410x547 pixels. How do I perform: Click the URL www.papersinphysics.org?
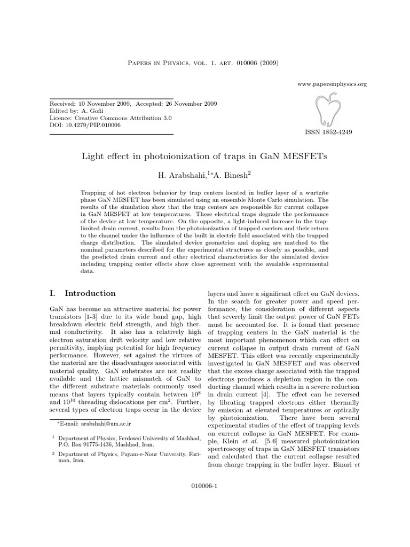(332, 84)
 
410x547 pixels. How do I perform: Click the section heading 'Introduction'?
(90, 293)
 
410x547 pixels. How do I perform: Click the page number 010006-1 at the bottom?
(204, 487)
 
